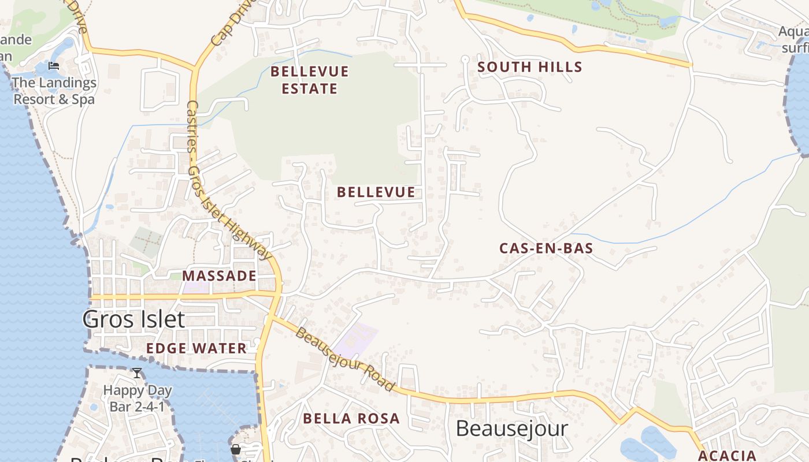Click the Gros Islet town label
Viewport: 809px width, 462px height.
[x=133, y=319]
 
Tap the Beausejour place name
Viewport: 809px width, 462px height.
[x=511, y=429]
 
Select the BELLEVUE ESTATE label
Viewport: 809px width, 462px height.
[x=310, y=80]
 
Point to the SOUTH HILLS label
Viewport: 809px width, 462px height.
[x=529, y=67]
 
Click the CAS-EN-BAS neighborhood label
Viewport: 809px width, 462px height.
[x=546, y=248]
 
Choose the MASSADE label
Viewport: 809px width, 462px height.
[x=219, y=275]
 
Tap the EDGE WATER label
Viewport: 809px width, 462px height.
[x=196, y=348]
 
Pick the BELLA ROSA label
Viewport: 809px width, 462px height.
[x=351, y=418]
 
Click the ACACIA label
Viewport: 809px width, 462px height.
[x=727, y=455]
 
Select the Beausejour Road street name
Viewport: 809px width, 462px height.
[x=346, y=359]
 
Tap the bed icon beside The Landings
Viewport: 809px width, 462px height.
[x=54, y=66]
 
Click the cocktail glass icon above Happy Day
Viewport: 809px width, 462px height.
[x=137, y=373]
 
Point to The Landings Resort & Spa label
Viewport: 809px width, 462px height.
[x=54, y=91]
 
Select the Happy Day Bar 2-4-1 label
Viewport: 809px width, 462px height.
[x=138, y=398]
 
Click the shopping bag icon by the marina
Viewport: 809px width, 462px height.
[x=236, y=449]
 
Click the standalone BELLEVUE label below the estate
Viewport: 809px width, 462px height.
[x=376, y=192]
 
